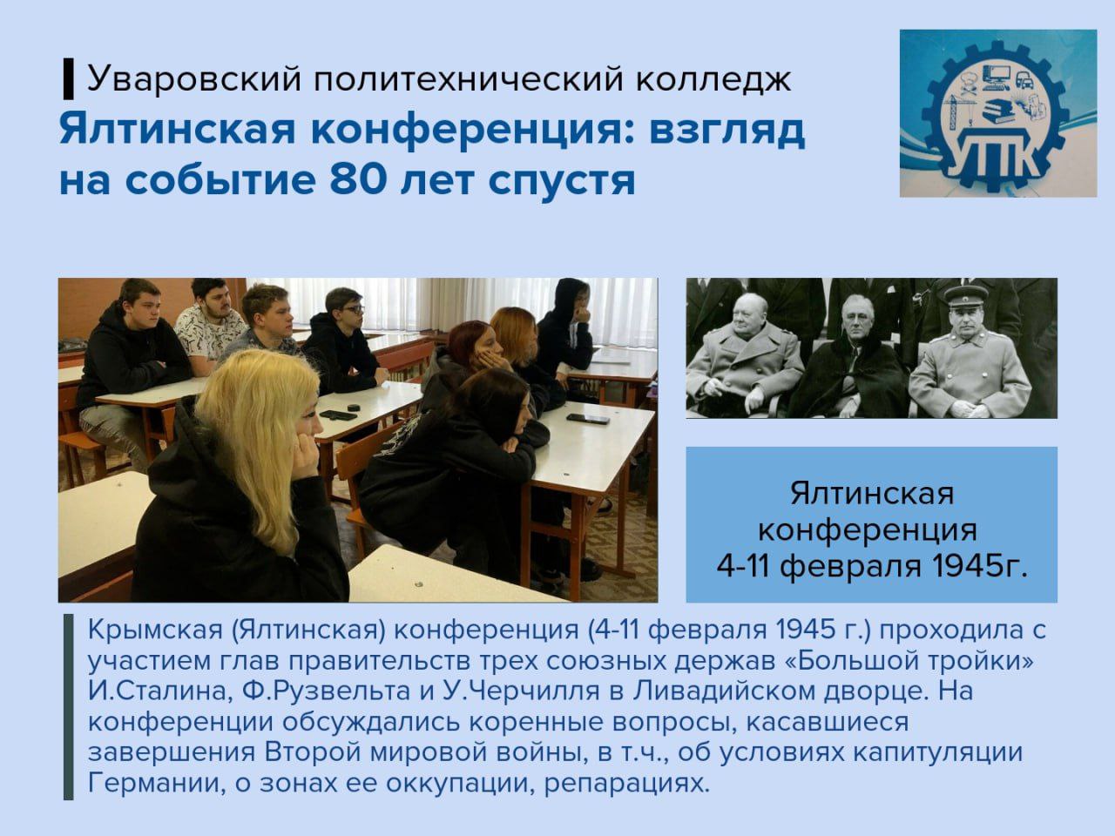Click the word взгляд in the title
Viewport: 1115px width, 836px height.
click(x=727, y=131)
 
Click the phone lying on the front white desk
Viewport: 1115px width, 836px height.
click(x=588, y=419)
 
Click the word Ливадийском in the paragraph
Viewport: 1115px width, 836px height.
click(x=720, y=691)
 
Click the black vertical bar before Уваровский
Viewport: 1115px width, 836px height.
click(x=68, y=79)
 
